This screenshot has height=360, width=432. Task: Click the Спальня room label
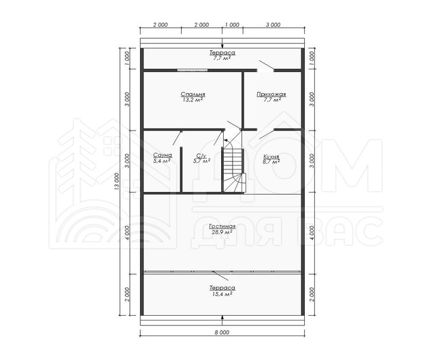pos(193,95)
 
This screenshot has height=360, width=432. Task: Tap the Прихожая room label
pos(271,95)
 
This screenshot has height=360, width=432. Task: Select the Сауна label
pos(163,155)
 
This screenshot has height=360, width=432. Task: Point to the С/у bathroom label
pos(201,155)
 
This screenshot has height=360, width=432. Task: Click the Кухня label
pos(271,157)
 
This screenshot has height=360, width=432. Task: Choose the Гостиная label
pos(222,227)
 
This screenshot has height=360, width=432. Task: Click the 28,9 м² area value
pos(222,232)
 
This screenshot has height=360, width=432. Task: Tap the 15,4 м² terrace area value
pos(222,294)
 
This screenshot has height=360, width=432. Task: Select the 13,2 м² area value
pos(193,100)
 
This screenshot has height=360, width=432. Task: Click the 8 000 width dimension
pos(222,333)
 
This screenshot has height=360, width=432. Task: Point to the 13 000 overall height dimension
pos(116,182)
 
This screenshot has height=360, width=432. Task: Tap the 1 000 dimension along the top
pos(232,24)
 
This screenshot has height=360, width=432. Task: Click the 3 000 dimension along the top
pos(273,24)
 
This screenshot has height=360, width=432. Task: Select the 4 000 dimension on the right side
pos(312,233)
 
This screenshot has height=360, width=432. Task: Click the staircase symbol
pos(233,170)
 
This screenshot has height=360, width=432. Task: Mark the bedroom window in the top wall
pos(193,70)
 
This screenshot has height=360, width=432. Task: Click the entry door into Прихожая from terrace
pos(266,66)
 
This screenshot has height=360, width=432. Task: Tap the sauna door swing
pos(177,138)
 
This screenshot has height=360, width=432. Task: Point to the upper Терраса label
pos(222,52)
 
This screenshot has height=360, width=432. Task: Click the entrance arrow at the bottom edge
pos(222,318)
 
